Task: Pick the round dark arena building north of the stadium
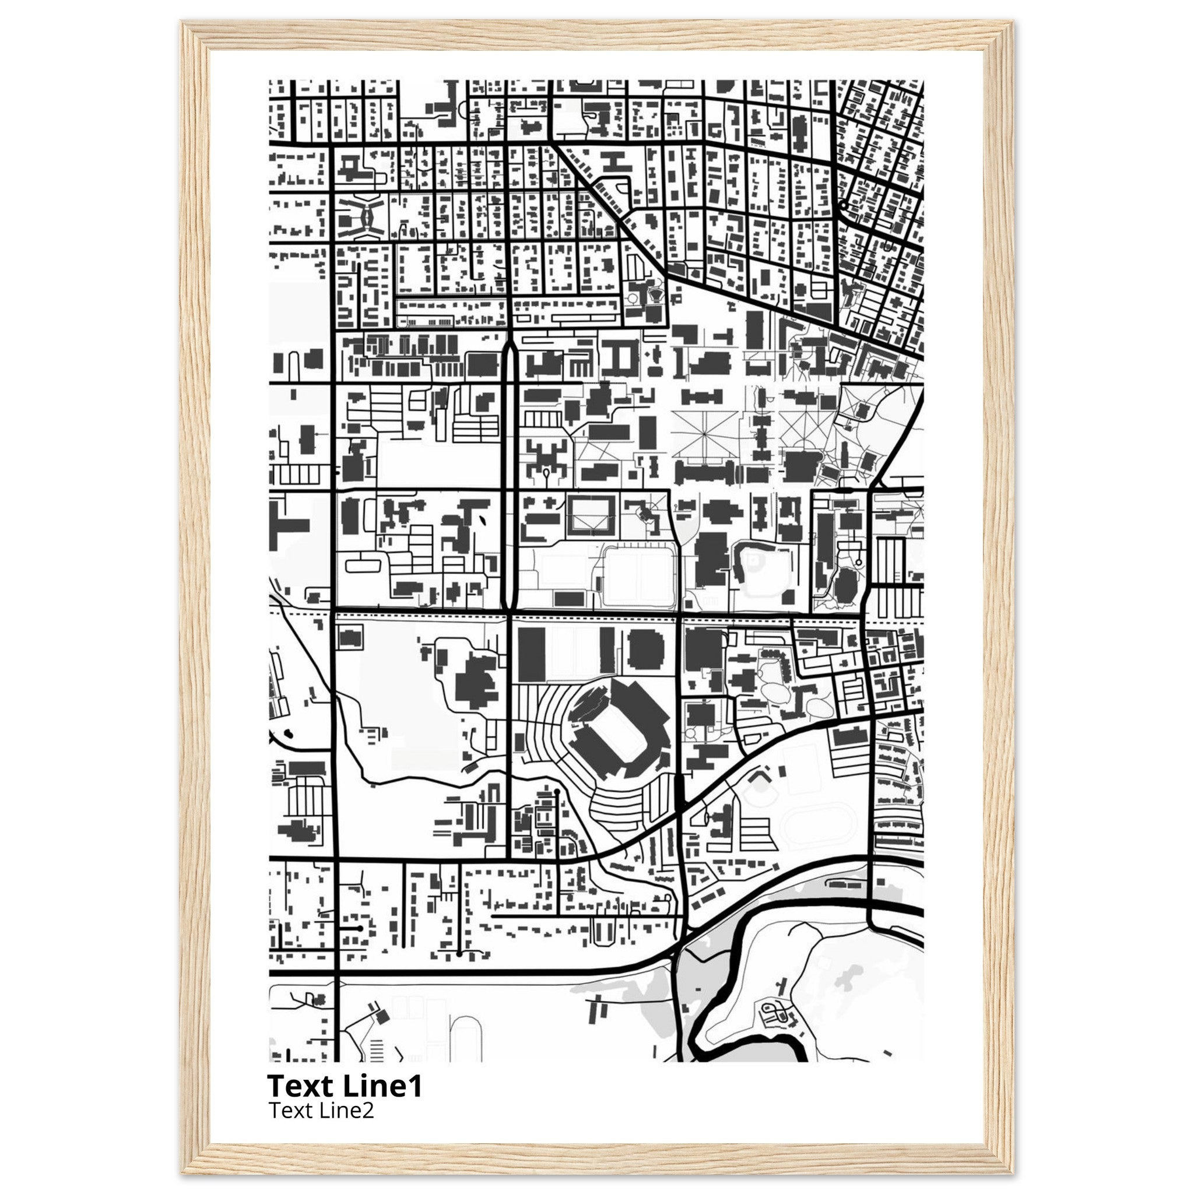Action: tap(646, 649)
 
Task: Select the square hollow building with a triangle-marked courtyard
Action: tap(591, 515)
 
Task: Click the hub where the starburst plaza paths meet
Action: tap(704, 432)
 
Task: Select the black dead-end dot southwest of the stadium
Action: tap(557, 791)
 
